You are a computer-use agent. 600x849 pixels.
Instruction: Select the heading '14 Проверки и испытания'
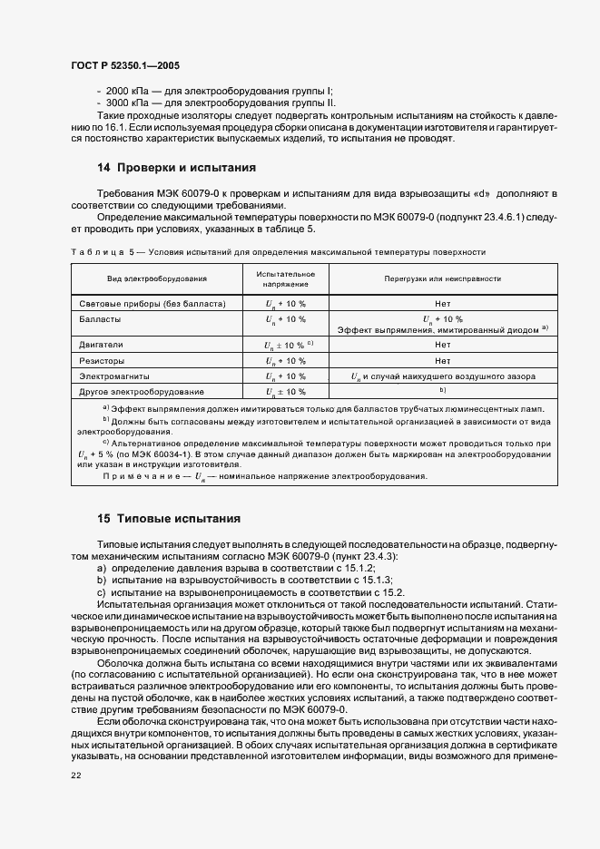click(163, 168)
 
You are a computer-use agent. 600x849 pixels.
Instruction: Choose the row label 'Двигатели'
click(101, 345)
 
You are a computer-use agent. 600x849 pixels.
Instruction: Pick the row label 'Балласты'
click(100, 319)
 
